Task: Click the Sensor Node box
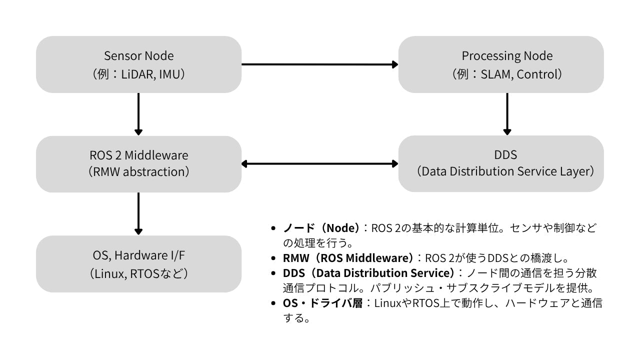pyautogui.click(x=138, y=64)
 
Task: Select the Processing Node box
pyautogui.click(x=500, y=64)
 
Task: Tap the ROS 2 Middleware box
pyautogui.click(x=138, y=164)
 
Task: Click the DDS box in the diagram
pyautogui.click(x=500, y=164)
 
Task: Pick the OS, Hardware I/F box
pyautogui.click(x=138, y=264)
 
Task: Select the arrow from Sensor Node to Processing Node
pyautogui.click(x=320, y=64)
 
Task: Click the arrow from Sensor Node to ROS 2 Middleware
pyautogui.click(x=138, y=114)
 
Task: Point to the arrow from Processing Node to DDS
pyautogui.click(x=507, y=114)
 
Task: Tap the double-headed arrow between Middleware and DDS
pyautogui.click(x=320, y=163)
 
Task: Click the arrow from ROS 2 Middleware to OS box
pyautogui.click(x=138, y=213)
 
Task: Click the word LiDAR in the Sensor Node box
pyautogui.click(x=139, y=74)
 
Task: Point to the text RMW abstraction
pyautogui.click(x=138, y=172)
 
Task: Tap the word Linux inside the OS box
pyautogui.click(x=108, y=273)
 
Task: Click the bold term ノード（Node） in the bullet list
pyautogui.click(x=321, y=228)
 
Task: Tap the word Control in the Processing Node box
pyautogui.click(x=537, y=74)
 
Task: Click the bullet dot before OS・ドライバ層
pyautogui.click(x=273, y=303)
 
